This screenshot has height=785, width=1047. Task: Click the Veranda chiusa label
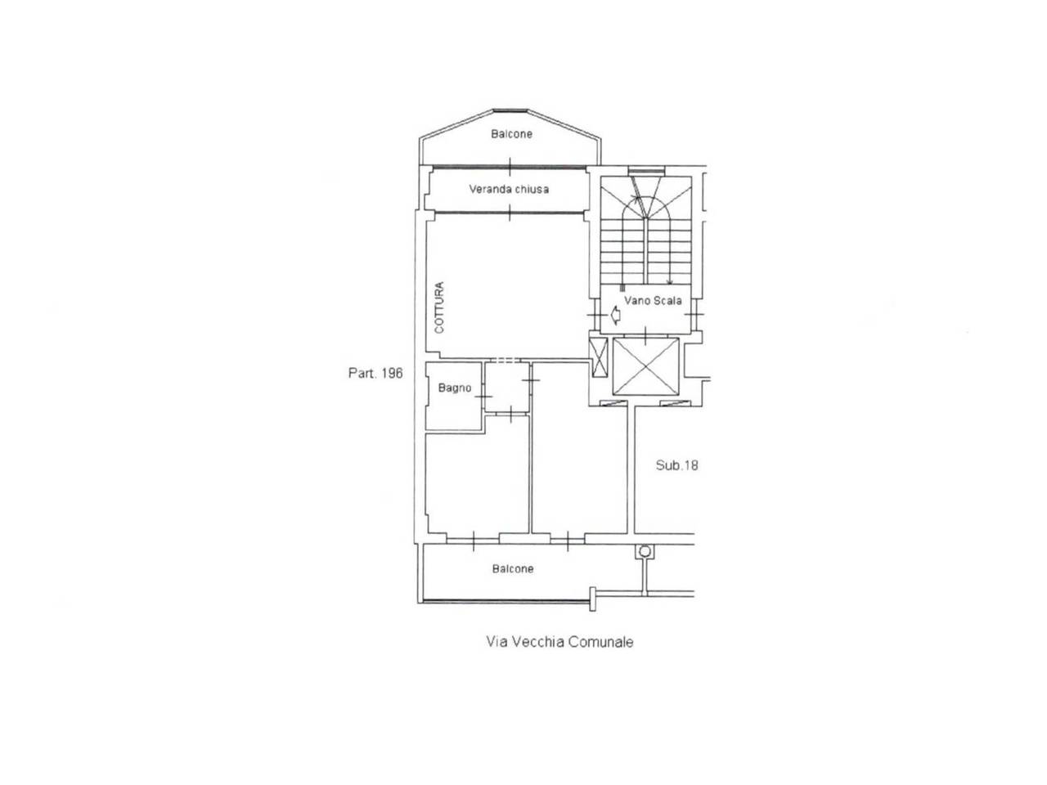click(509, 189)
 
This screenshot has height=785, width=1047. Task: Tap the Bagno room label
click(455, 388)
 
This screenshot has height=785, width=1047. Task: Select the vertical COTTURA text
click(439, 307)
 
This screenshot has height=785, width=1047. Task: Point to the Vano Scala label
click(653, 301)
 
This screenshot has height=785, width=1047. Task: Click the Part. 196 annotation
click(375, 373)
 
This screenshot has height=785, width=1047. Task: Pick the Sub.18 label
click(676, 465)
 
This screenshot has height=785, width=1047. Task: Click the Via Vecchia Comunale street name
click(559, 642)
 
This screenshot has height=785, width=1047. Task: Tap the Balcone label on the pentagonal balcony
click(511, 134)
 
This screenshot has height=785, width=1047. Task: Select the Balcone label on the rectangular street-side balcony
click(513, 568)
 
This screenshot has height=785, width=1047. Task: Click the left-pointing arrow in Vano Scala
click(615, 316)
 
